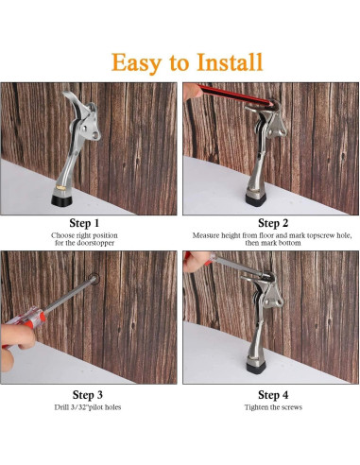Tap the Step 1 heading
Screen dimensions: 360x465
tap(84, 223)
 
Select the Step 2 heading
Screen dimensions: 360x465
tap(273, 223)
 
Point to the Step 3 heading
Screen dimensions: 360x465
tap(88, 395)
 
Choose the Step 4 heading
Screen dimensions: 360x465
tap(273, 395)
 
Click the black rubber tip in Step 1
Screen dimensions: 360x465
tap(61, 200)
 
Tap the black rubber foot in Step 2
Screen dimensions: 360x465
tap(256, 199)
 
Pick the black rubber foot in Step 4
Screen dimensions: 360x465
tap(256, 368)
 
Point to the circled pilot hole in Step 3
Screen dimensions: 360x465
tap(94, 279)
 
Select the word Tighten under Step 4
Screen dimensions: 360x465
tap(255, 407)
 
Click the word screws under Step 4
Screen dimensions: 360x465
tap(291, 407)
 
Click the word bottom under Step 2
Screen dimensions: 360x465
tap(289, 243)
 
